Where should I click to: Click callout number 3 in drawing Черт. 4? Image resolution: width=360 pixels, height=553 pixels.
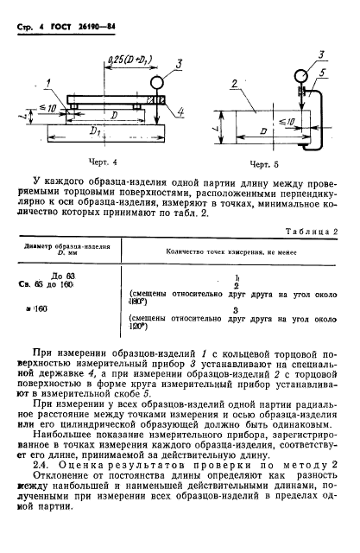click(178, 62)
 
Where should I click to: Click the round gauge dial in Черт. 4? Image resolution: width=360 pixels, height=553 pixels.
click(160, 84)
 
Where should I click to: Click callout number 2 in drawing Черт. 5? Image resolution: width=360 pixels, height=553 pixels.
click(233, 83)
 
